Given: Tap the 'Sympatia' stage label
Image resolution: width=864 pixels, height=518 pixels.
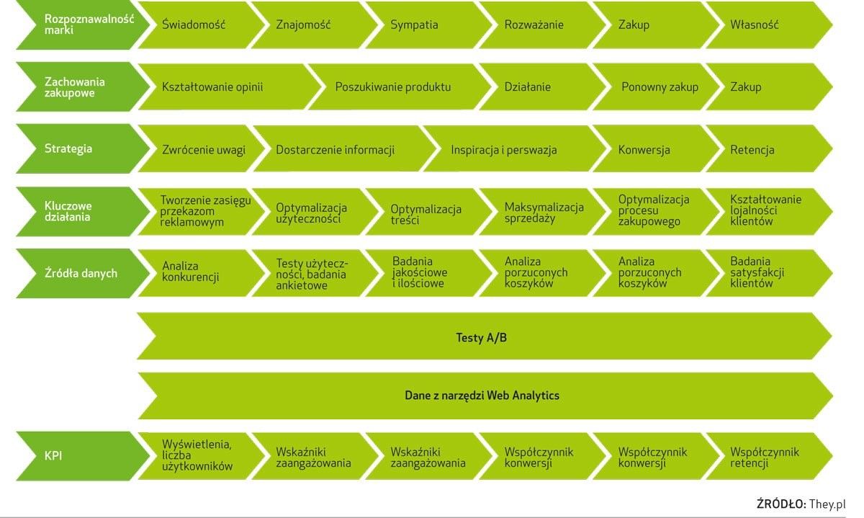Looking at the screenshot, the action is click(414, 24).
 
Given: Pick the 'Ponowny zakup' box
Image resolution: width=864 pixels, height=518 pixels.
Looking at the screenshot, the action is click(656, 86).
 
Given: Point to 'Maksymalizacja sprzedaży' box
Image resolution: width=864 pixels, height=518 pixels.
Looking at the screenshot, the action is click(542, 212).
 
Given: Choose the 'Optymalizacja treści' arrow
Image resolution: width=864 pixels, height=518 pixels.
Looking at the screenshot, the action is click(429, 212).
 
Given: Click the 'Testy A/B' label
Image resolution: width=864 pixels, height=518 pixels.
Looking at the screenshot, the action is click(482, 338).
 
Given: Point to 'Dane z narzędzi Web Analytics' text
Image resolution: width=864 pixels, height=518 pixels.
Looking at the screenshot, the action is click(482, 396).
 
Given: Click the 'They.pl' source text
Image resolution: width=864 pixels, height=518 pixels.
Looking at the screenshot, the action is click(827, 504).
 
